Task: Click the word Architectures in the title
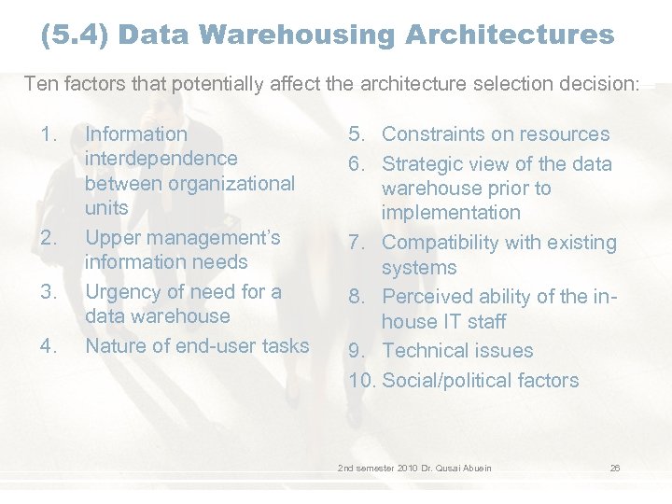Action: pyautogui.click(x=510, y=35)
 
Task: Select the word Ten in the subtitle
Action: pyautogui.click(x=40, y=83)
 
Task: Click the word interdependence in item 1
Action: pyautogui.click(x=161, y=159)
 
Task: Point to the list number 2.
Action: pyautogui.click(x=49, y=238)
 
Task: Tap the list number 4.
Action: pyautogui.click(x=49, y=346)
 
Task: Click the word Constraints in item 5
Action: pyautogui.click(x=435, y=134)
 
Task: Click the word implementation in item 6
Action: pyautogui.click(x=451, y=213)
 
